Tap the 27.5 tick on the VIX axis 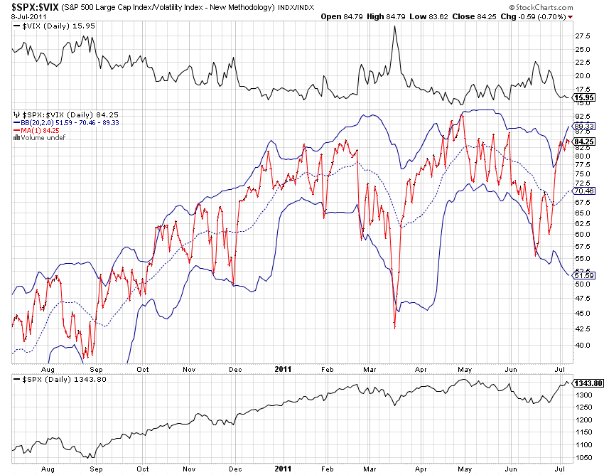pos(583,36)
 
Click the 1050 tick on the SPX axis pos(583,458)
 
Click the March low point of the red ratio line pos(394,328)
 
